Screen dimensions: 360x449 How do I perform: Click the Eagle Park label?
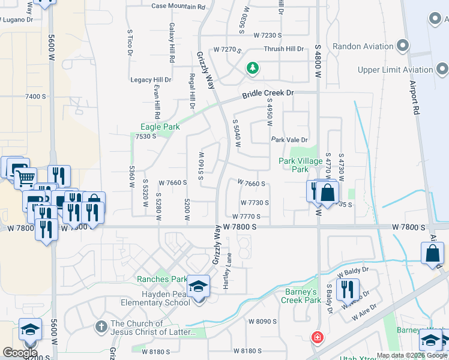coord(160,127)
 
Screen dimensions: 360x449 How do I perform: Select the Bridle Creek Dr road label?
coord(268,94)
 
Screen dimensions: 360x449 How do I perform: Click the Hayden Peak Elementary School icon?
coord(199,286)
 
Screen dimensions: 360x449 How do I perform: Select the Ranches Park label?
coord(162,279)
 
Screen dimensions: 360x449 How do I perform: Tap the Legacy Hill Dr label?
coord(151,80)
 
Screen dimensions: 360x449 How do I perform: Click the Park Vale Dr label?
coord(289,140)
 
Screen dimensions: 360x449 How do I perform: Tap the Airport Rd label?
coord(415,99)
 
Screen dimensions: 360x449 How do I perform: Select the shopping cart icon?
coord(25,178)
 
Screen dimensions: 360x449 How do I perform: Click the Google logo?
coord(20,352)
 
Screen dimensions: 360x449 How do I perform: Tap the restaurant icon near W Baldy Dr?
coord(347,289)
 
